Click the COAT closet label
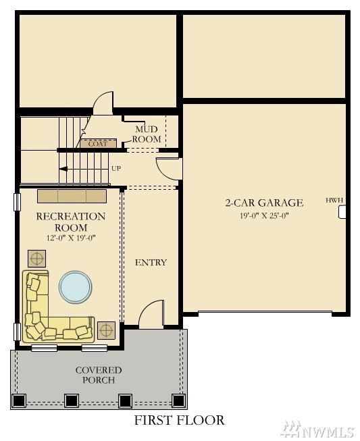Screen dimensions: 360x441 (98, 144)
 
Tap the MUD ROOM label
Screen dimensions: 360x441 (147, 134)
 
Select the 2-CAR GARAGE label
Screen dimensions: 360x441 (264, 203)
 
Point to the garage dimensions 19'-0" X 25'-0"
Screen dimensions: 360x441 (264, 215)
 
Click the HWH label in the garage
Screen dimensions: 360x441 (334, 201)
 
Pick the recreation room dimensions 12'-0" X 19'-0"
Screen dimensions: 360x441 (71, 238)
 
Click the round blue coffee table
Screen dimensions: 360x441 (76, 287)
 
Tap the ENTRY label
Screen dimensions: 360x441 (151, 263)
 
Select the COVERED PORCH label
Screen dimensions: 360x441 (99, 375)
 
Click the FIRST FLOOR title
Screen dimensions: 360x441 (180, 420)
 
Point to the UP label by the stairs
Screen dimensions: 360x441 (116, 168)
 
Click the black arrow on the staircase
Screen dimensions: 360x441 (63, 169)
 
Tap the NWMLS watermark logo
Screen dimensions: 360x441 (318, 430)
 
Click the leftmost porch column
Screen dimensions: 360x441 (19, 400)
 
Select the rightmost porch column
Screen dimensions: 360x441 (178, 400)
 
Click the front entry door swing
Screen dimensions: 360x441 (151, 314)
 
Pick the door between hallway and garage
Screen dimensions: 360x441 (169, 169)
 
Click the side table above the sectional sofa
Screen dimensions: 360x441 (37, 259)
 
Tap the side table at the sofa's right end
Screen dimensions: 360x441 (106, 330)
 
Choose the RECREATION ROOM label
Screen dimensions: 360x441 (71, 222)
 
